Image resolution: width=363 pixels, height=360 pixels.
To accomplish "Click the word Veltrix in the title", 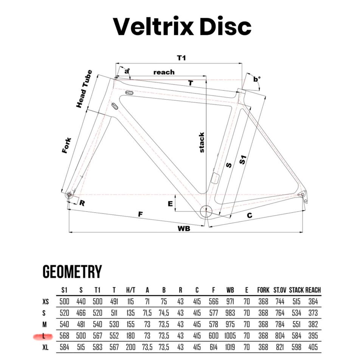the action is point(153,26).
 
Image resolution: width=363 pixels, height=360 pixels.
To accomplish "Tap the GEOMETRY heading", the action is point(72,272).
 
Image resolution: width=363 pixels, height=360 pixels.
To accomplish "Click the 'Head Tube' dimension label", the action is point(84,89).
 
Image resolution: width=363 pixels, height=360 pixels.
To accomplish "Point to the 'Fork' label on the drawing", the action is point(67,145).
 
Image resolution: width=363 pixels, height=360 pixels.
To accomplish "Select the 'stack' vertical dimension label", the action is point(202,142).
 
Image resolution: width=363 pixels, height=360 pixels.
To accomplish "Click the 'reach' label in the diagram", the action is point(164,72).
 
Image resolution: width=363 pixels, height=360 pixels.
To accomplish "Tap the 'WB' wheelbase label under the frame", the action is point(184,229).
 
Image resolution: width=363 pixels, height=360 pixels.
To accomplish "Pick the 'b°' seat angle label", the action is point(256,79).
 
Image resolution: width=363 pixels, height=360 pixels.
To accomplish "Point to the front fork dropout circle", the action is point(69,195).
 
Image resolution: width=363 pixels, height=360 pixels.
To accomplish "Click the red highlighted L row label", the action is point(43,336).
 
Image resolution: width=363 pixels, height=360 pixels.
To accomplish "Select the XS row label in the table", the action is point(46,302).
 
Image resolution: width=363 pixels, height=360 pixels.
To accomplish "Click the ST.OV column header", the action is point(280,290).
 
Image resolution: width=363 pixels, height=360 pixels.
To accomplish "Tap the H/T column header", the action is point(130,290).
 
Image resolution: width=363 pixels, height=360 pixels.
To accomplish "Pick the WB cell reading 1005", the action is point(230,336).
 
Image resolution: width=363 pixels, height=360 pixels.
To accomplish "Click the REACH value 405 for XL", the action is point(313,347).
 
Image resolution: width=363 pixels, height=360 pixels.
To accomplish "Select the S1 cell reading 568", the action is point(64,336).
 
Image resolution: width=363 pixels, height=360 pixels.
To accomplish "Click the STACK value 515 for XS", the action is point(296,301).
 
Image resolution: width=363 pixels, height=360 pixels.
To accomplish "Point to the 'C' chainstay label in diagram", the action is point(250,215).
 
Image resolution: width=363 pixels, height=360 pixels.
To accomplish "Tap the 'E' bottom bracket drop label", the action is point(170,204).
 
